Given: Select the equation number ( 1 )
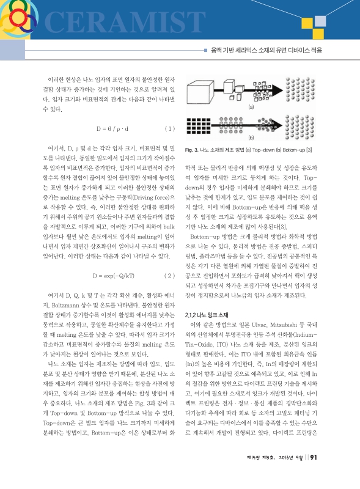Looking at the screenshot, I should pos(171,129).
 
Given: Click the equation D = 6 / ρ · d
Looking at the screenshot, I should pos(112,129).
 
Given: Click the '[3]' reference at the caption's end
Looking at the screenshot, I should pos(309,150).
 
